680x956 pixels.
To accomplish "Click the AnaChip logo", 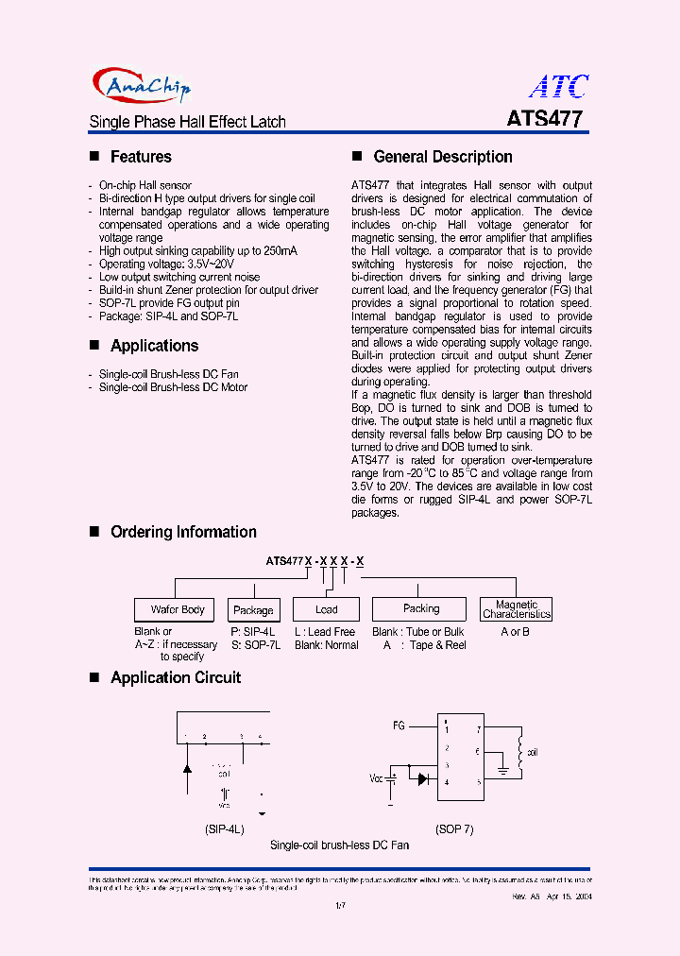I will (143, 86).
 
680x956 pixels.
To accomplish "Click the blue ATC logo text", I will (558, 87).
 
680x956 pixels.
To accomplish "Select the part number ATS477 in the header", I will (545, 119).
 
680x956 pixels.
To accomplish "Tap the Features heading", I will (141, 157).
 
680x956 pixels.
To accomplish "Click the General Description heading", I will (443, 157).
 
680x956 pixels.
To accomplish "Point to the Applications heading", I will (154, 346).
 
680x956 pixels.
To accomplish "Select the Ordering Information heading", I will (183, 532).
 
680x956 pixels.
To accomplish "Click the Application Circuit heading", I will (176, 677).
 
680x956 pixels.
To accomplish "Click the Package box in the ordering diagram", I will (253, 610).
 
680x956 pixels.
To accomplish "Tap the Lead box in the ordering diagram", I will (326, 609).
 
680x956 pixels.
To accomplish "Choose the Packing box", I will (420, 609).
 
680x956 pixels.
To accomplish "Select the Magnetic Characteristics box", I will (517, 609).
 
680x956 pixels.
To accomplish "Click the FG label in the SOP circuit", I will (399, 726).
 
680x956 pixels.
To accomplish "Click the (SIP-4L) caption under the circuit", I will (225, 828).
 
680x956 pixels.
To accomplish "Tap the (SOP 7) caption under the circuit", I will (454, 828).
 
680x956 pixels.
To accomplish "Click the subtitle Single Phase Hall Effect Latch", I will (187, 122).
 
